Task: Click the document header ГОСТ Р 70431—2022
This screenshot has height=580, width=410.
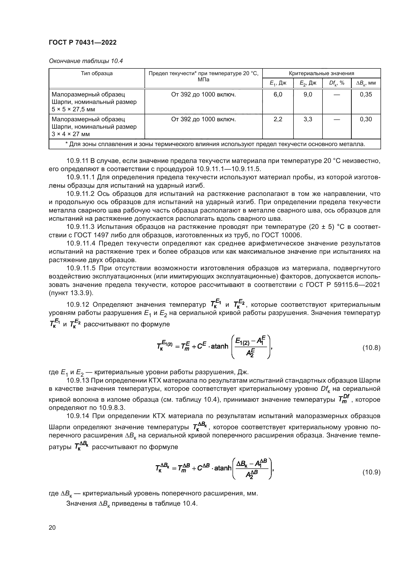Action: (x=83, y=42)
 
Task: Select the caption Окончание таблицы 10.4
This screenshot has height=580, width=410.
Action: (x=86, y=61)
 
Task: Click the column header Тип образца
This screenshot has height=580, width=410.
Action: (x=97, y=73)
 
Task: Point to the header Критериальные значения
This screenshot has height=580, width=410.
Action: (x=322, y=73)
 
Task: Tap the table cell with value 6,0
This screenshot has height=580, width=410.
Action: (x=278, y=94)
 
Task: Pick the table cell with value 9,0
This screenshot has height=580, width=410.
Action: (x=308, y=94)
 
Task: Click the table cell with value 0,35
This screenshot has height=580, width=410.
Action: (x=366, y=94)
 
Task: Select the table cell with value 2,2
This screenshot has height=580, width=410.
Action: (x=278, y=119)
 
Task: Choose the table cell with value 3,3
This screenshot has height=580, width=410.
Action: (x=308, y=119)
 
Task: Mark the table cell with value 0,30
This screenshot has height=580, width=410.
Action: (x=366, y=119)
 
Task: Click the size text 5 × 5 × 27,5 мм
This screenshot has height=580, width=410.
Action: (x=73, y=109)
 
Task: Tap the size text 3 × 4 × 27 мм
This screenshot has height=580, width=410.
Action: (x=71, y=134)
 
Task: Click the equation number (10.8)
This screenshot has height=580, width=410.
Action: (x=371, y=348)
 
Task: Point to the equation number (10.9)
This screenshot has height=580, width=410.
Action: (x=371, y=472)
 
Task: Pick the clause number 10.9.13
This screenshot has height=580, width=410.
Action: (x=77, y=380)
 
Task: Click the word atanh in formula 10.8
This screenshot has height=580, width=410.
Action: (x=219, y=346)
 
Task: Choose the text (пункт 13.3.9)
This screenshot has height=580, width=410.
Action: (x=71, y=293)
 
